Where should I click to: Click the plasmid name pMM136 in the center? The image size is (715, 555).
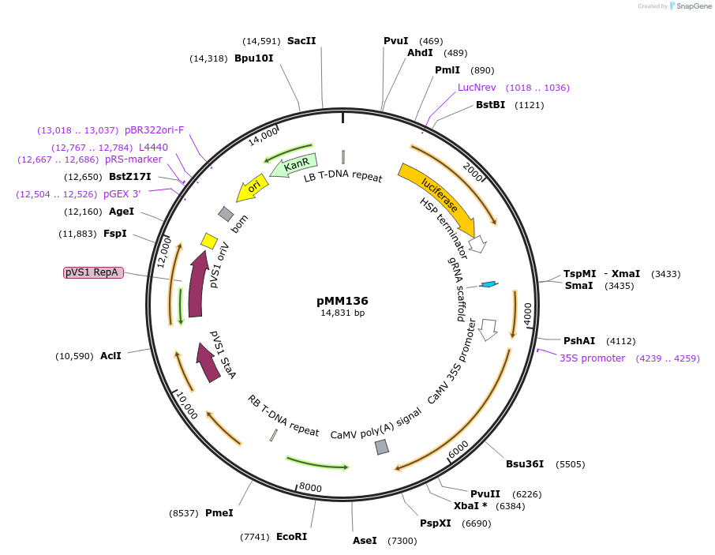tap(342, 301)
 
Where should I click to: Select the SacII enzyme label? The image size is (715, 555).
tap(301, 41)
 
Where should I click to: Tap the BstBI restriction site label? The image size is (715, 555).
tap(490, 105)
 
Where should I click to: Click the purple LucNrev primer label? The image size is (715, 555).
tap(477, 88)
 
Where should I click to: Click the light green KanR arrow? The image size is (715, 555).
tap(294, 166)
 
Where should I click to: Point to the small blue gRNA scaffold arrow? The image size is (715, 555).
tap(489, 284)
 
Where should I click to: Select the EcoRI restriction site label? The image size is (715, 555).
tap(291, 537)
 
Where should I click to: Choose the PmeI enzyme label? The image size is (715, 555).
tap(219, 513)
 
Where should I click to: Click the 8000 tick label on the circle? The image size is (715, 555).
tap(310, 488)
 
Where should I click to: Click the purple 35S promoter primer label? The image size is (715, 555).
tap(592, 358)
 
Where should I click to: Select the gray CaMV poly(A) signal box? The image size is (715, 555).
tap(382, 447)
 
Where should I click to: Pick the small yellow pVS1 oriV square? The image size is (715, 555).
tap(209, 241)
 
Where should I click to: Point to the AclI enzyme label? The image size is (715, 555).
tap(110, 356)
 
